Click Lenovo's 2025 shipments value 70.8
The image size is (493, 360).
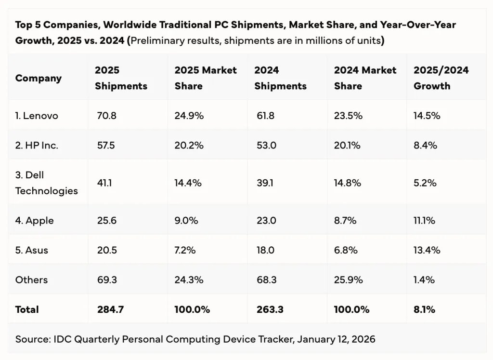coord(106,116)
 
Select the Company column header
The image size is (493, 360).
coord(39,78)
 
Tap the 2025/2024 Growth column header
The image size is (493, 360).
coord(441,78)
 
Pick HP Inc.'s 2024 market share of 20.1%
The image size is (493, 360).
coord(348,145)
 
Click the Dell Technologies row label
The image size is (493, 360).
coord(46,183)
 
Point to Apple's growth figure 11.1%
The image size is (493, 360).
coord(424,221)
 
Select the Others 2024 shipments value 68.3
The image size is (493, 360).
coord(265,280)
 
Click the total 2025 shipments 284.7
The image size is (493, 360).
coord(110,309)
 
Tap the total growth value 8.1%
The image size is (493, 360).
coord(424,309)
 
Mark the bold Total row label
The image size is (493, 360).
coord(27,309)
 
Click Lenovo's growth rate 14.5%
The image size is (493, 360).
coord(427,116)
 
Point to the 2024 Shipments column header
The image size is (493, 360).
coord(280,78)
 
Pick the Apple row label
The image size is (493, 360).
coord(35,221)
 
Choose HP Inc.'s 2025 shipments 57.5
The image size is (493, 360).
coord(106,145)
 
